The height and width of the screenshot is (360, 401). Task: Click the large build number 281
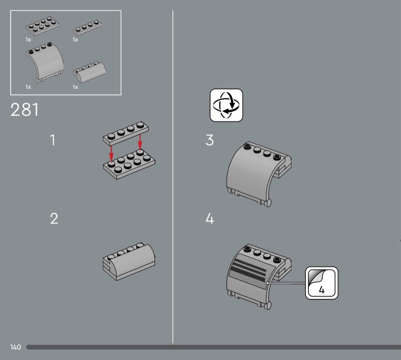pos(24,110)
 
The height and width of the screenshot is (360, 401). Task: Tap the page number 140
pos(15,347)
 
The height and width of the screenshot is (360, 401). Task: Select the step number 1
pos(53,140)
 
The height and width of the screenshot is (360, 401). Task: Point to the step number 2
pos(54,219)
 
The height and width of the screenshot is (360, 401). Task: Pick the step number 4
pos(210,219)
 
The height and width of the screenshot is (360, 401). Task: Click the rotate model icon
pos(226,105)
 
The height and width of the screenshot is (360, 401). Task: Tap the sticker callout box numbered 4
pos(322,283)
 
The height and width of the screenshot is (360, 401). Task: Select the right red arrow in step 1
pos(140,142)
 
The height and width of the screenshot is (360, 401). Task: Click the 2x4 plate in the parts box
pos(42,26)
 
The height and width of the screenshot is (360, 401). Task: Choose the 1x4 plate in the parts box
pos(87,28)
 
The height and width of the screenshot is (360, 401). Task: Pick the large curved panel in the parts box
pos(45,62)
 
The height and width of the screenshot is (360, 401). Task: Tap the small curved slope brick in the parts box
pos(89,72)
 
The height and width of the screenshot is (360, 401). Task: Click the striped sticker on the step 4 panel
pos(252,272)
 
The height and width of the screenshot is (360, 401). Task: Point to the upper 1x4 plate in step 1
pos(126,133)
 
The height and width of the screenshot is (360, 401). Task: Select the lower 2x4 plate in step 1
pos(129,164)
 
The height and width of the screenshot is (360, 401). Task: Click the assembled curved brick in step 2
pos(129,261)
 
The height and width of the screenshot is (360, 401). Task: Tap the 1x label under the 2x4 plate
pos(28,40)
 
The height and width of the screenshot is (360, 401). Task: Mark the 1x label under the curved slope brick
pos(75,87)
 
